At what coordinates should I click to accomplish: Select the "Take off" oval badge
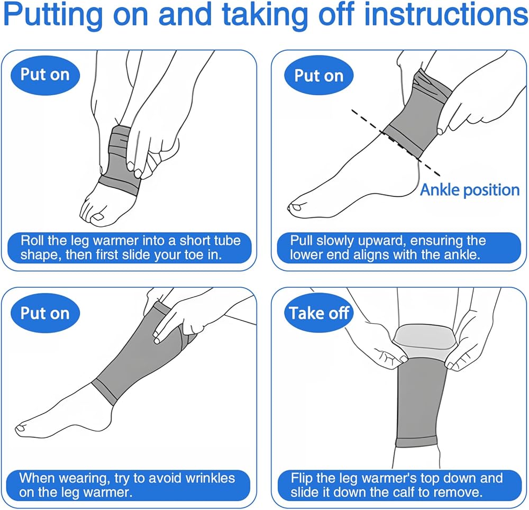point(319,313)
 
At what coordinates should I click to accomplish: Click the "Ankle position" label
point(470,189)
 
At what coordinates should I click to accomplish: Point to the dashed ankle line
point(395,143)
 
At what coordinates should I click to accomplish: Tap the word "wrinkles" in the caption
point(210,478)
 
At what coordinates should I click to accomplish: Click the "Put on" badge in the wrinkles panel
point(45,313)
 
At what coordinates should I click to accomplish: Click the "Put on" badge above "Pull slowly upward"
point(319,75)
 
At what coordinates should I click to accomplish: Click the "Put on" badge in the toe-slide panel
point(45,75)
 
